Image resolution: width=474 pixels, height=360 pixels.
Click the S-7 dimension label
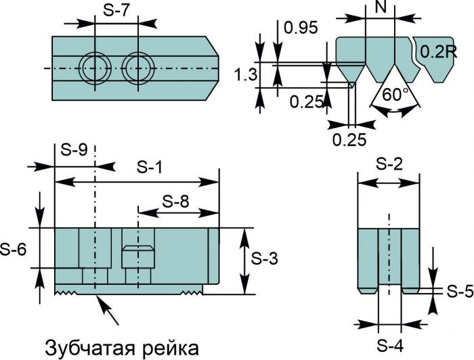(116, 10)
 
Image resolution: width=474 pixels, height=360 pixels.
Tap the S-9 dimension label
(74, 150)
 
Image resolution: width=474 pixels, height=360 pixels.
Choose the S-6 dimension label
(14, 248)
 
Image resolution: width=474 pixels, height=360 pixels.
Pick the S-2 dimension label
(389, 164)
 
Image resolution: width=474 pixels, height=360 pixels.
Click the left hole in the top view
(93, 68)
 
